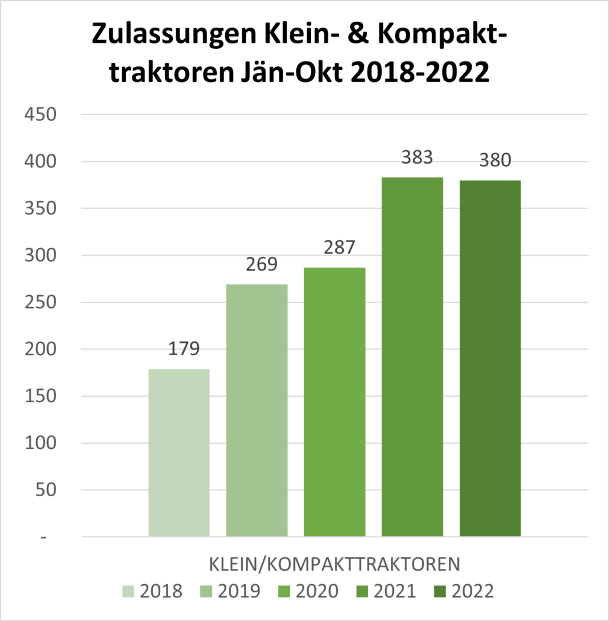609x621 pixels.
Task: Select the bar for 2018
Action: coord(179,452)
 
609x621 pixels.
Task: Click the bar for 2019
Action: coord(257,410)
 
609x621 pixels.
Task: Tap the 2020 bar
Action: coord(334,402)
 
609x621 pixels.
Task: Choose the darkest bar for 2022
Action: coord(490,358)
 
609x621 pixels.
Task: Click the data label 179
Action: coord(179,349)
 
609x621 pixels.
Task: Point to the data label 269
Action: coord(257,264)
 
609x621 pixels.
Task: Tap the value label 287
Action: coord(334,247)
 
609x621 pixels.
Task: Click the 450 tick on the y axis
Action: coord(40,115)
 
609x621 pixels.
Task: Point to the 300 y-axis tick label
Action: coord(40,256)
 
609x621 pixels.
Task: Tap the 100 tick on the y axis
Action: coord(40,443)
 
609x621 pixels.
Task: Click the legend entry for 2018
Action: coord(153,591)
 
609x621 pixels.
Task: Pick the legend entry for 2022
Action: coord(464,591)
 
